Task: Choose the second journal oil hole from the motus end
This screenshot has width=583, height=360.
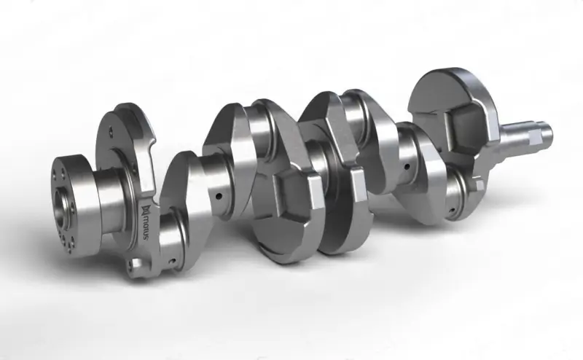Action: [216, 196]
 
